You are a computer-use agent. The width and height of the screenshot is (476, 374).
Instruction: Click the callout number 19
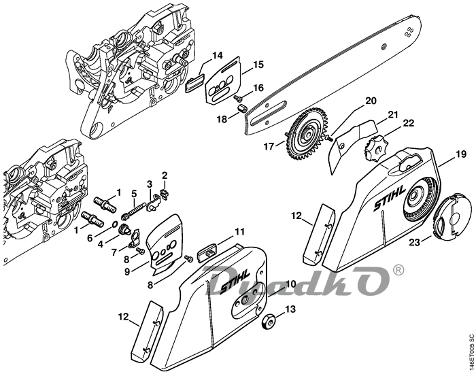point(460,154)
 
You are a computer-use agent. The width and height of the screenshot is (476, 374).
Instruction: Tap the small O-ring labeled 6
point(115,225)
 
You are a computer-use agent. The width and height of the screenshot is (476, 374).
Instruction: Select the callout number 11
point(239,233)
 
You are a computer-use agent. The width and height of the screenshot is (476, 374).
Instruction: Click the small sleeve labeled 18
point(241,107)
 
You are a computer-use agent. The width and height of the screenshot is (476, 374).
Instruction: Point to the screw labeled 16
point(237,97)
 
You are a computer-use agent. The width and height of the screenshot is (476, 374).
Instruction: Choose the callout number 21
point(393,115)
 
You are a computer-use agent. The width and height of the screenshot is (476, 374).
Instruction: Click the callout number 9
point(127,271)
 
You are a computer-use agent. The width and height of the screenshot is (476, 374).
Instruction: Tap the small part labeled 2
point(165,193)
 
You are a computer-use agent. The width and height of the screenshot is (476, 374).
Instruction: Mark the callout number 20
point(371,101)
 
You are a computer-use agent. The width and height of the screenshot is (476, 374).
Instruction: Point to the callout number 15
point(258,65)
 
